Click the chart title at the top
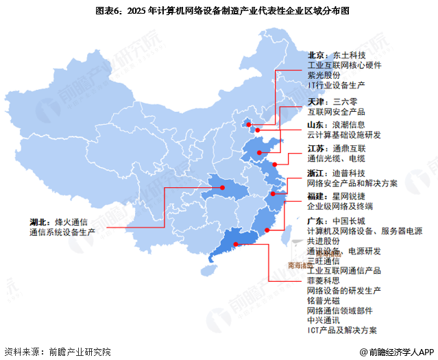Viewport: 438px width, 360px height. click(219, 11)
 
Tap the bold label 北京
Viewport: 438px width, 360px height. click(316, 56)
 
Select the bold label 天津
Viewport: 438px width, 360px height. click(316, 101)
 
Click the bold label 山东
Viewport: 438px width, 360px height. click(316, 125)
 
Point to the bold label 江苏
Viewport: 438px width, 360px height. click(316, 148)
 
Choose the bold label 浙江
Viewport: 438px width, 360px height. click(316, 172)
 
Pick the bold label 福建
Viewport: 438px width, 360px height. click(316, 196)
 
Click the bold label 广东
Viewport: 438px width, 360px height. click(316, 221)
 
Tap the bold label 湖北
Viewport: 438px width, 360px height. click(38, 221)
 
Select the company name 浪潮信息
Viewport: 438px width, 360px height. click(349, 125)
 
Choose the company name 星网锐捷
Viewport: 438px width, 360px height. click(349, 196)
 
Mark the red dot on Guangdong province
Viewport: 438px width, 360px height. click(236, 243)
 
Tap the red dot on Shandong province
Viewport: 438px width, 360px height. click(260, 152)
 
